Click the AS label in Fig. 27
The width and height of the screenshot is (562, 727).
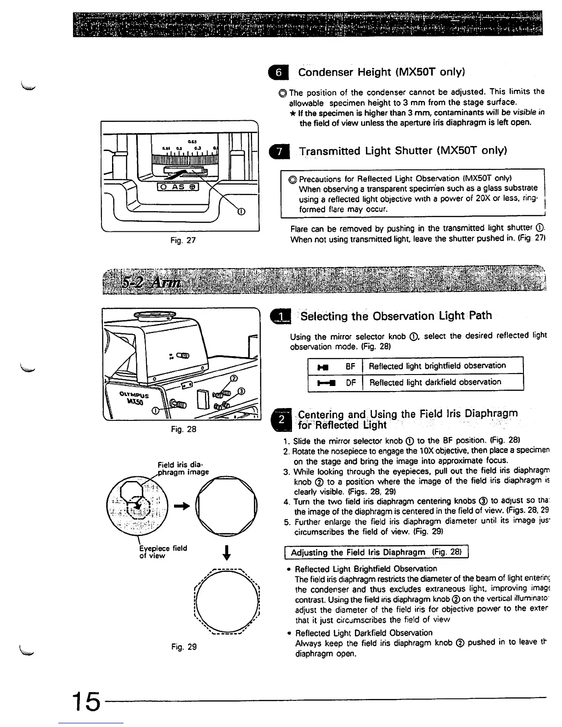pyautogui.click(x=177, y=187)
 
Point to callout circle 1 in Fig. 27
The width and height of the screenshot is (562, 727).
pyautogui.click(x=240, y=211)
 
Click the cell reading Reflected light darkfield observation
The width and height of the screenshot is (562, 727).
pyautogui.click(x=435, y=382)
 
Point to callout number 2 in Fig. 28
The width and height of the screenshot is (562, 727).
pyautogui.click(x=233, y=379)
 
